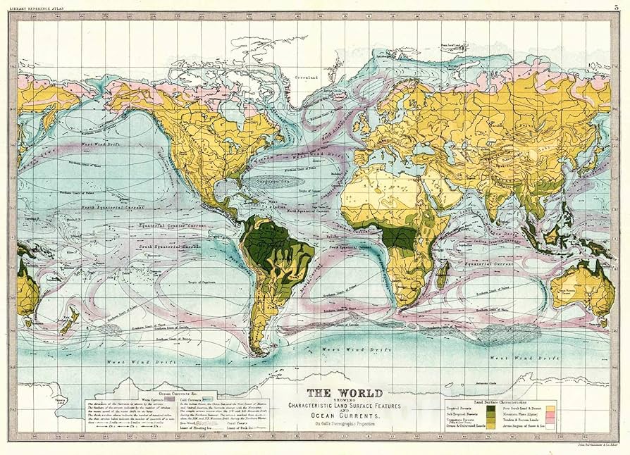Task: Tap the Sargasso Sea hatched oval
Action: coord(260,180)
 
